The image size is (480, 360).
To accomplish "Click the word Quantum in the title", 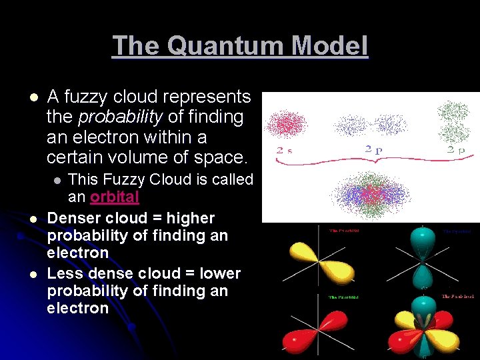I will [221, 46].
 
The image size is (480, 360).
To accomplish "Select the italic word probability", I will [120, 117].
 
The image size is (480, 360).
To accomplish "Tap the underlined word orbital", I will [114, 197].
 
